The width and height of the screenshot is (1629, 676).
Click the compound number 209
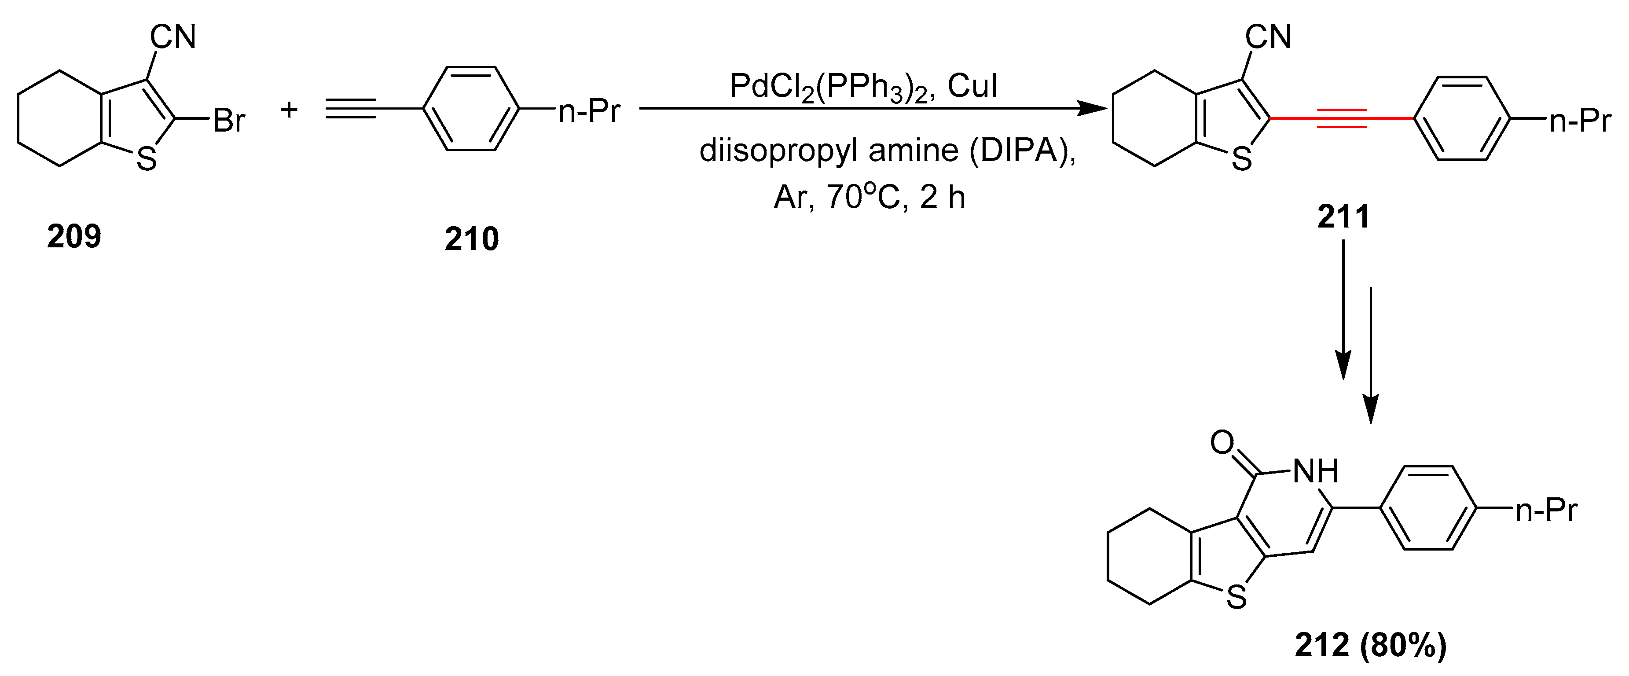(x=74, y=236)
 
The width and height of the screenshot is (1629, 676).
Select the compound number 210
(x=472, y=239)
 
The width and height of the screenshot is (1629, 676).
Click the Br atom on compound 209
(x=228, y=121)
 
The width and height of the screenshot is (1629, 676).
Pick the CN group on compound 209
(x=172, y=37)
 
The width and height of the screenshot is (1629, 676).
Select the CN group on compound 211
(x=1268, y=37)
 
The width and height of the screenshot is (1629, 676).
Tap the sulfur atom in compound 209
(x=146, y=159)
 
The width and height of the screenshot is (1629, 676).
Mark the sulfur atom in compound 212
(x=1236, y=596)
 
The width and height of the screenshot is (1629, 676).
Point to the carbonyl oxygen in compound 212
(x=1222, y=443)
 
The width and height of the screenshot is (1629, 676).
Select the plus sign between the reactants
(x=289, y=110)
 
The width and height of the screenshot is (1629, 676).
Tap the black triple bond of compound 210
(x=352, y=109)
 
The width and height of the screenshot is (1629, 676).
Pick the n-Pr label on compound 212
(x=1547, y=510)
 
